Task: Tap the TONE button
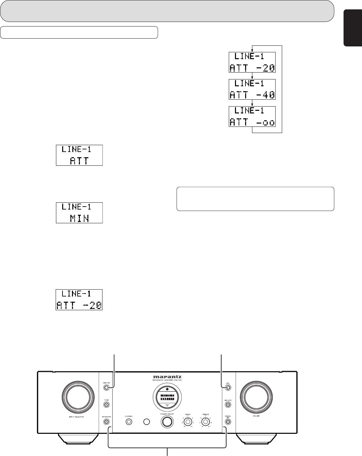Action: pyautogui.click(x=107, y=405)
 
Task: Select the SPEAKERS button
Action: pyautogui.click(x=107, y=422)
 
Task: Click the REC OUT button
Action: pyautogui.click(x=228, y=405)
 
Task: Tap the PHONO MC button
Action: pyautogui.click(x=228, y=422)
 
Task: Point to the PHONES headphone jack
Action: pyautogui.click(x=129, y=422)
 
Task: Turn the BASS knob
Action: pyautogui.click(x=188, y=422)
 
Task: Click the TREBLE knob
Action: pyautogui.click(x=206, y=422)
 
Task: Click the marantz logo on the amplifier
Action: pyautogui.click(x=167, y=376)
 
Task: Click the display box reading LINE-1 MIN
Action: pyautogui.click(x=79, y=213)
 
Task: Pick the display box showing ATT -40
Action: pyautogui.click(x=252, y=89)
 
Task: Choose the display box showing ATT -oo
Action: pyautogui.click(x=252, y=117)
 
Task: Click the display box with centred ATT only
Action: pyautogui.click(x=79, y=155)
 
